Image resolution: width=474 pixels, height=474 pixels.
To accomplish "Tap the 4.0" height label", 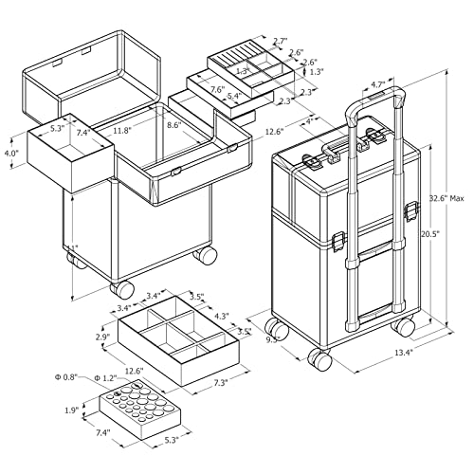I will click(11, 153).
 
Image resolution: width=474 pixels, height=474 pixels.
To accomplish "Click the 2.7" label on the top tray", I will click(281, 41).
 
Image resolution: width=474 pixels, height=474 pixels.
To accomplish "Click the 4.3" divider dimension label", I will click(223, 315).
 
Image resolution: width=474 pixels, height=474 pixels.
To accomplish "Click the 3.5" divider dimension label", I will click(197, 297).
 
